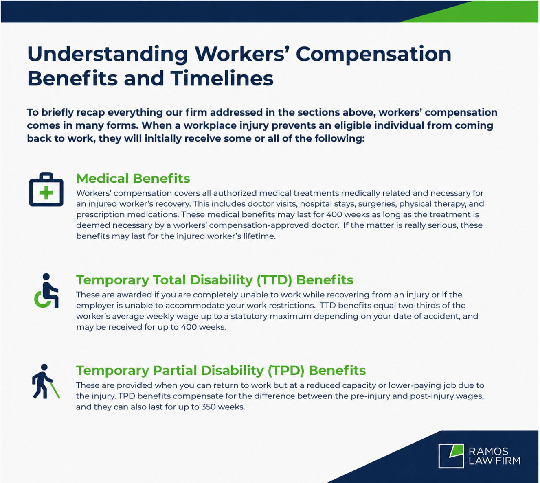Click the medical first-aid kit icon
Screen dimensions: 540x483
pos(46,189)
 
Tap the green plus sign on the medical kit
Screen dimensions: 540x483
pos(46,192)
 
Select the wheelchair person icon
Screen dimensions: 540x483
pos(46,291)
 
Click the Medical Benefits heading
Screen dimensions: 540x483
pos(133,178)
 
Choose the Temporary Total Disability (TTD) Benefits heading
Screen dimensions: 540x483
pos(215,280)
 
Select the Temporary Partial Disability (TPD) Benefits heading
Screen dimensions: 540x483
pos(221,371)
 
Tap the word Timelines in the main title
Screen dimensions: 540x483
pos(222,79)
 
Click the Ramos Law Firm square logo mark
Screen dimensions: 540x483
pos(451,456)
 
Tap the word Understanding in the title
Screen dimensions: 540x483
pos(108,55)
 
